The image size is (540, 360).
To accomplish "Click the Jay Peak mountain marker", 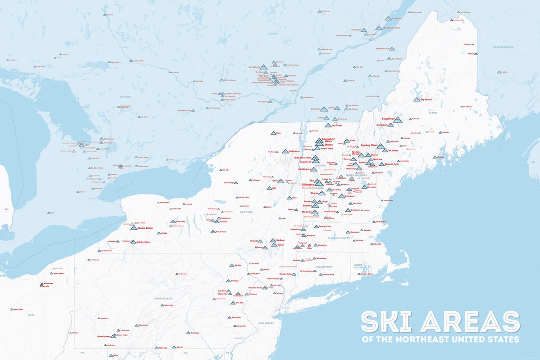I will [x=328, y=126].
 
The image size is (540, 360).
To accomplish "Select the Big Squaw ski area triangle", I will [x=416, y=100].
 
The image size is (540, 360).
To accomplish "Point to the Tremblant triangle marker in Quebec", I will [x=263, y=67].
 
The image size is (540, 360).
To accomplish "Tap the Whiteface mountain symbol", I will [x=285, y=152].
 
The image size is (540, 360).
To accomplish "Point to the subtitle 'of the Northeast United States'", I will [x=440, y=339].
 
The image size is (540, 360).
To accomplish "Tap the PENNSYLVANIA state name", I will [x=163, y=299].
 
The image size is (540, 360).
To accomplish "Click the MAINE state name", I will [x=432, y=112].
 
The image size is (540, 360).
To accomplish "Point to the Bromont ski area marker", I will [x=323, y=109].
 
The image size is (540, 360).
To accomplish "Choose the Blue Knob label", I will [x=143, y=325].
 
